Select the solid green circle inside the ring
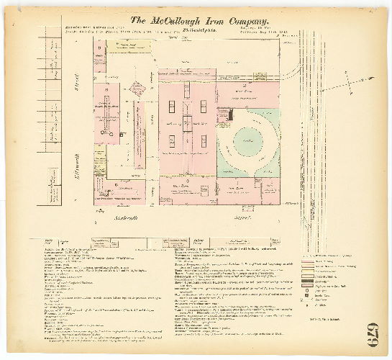click(248, 140)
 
